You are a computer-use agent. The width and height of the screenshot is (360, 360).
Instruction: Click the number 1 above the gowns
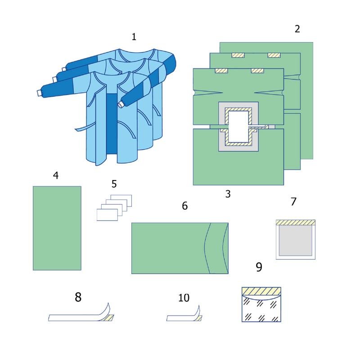click(x=134, y=37)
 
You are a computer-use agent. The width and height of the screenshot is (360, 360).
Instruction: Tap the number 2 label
click(x=297, y=29)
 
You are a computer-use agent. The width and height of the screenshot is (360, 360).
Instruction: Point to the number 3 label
click(x=228, y=194)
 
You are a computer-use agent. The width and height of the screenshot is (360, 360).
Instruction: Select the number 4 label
click(x=56, y=175)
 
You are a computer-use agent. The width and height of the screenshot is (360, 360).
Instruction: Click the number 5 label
click(x=114, y=184)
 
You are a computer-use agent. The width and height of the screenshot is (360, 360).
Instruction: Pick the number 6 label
click(x=184, y=206)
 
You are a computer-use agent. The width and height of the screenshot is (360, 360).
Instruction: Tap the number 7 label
click(x=293, y=202)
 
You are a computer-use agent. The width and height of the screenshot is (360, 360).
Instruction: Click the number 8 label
click(x=78, y=297)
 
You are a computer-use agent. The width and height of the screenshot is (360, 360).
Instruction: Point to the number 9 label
click(x=259, y=267)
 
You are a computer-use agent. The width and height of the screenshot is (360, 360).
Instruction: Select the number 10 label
click(x=184, y=298)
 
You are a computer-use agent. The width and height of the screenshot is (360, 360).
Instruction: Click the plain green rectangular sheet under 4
click(x=57, y=228)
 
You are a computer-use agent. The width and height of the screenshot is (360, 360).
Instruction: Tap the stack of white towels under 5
click(x=113, y=208)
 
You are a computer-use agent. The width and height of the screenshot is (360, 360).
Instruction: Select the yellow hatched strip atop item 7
click(x=295, y=222)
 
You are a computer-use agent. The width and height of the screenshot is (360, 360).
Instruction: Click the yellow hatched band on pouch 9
click(x=261, y=291)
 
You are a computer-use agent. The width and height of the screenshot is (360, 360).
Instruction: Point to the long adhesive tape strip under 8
click(x=76, y=318)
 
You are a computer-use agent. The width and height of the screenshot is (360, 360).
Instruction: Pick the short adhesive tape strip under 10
click(x=180, y=318)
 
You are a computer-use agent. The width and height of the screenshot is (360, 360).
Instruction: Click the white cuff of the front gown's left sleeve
click(x=39, y=93)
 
